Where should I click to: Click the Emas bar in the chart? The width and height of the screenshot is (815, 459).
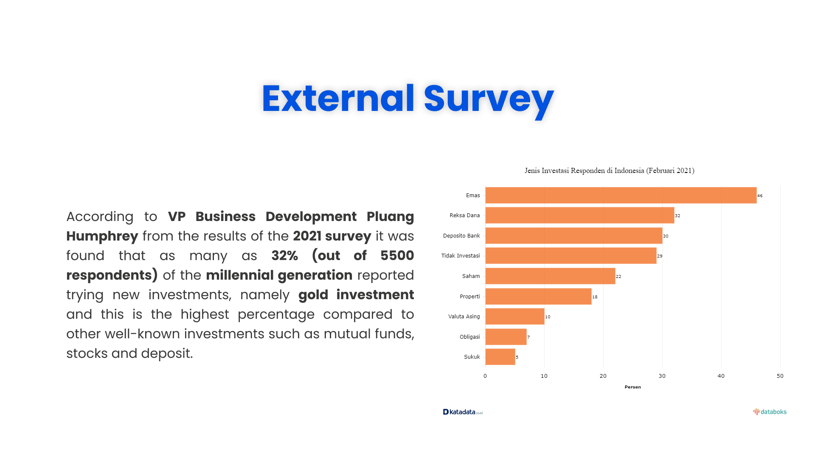621,195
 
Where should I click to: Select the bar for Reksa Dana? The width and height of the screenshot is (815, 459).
579,215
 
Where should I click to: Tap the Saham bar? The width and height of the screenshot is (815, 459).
550,276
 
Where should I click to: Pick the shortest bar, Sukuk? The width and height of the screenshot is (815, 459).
500,357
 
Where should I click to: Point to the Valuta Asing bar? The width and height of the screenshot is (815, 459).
514,316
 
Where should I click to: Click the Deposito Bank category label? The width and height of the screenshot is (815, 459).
461,236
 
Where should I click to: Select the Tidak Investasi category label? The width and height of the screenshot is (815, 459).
461,256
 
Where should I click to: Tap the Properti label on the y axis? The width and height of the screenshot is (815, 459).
470,297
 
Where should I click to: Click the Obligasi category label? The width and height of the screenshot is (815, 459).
470,337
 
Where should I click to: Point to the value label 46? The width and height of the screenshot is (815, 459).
760,196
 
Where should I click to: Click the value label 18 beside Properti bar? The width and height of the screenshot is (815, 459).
595,297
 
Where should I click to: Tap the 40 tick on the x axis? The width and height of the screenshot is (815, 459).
721,376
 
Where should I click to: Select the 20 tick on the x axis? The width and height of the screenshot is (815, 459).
603,376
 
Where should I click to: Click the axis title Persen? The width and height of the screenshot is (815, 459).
632,387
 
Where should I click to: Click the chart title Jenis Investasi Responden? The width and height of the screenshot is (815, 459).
609,171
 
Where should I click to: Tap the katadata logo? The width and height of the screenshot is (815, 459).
463,412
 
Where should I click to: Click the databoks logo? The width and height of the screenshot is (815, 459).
770,412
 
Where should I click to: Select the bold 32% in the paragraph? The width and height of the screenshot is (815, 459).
284,255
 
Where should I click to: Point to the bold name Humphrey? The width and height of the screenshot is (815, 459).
102,236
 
